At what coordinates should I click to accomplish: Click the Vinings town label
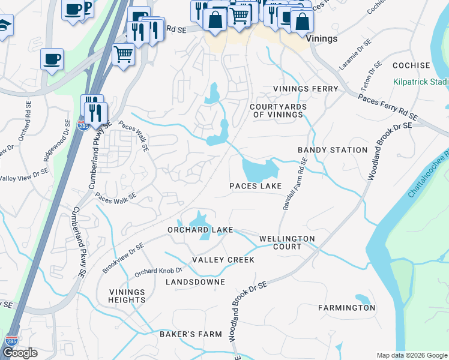[321, 38]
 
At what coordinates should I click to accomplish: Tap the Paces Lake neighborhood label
[255, 187]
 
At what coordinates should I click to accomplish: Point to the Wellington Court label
[287, 242]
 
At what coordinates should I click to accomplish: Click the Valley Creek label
[223, 260]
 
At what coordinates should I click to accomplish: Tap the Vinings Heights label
[127, 296]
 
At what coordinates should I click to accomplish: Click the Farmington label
[347, 308]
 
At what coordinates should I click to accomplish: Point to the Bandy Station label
[333, 150]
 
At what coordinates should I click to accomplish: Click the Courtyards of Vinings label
[279, 110]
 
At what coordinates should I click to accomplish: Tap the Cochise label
[411, 65]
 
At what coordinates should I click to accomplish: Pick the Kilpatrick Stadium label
[421, 82]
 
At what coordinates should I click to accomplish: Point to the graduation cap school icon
[4, 25]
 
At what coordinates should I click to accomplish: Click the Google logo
[20, 353]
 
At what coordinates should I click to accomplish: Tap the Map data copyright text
[411, 355]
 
